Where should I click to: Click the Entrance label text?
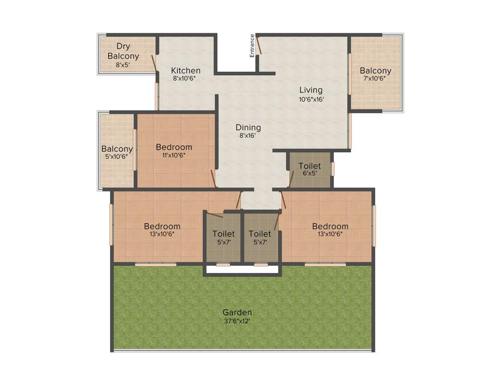click(252, 45)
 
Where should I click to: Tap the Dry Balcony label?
click(123, 51)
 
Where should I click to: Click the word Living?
click(311, 90)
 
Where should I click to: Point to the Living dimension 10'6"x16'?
click(311, 99)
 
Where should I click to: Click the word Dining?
click(248, 127)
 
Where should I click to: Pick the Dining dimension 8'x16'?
click(249, 136)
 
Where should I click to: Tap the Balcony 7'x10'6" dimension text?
click(376, 78)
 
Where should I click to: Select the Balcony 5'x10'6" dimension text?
click(117, 157)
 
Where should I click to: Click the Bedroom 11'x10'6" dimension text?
click(173, 155)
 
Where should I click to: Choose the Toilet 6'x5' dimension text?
click(310, 173)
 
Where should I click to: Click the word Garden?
click(237, 312)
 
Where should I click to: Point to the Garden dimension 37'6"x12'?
click(237, 321)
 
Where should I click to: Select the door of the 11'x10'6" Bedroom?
click(213, 178)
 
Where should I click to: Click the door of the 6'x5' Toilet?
click(291, 179)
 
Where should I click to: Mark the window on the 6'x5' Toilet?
click(333, 169)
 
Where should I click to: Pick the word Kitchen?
click(186, 70)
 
